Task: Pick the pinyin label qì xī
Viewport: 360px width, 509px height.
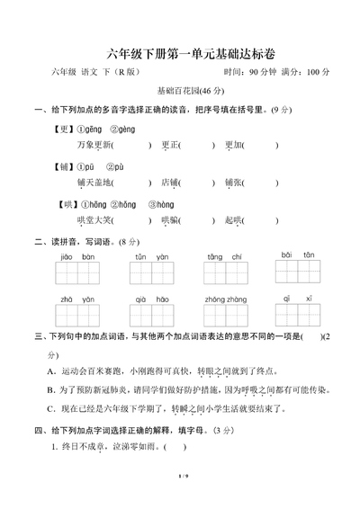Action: pyautogui.click(x=297, y=296)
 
